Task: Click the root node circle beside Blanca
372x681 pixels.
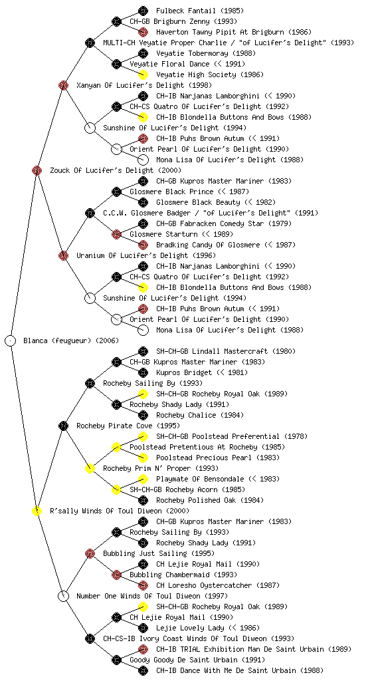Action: pos(11,340)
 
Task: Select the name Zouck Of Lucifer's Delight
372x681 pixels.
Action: pos(102,170)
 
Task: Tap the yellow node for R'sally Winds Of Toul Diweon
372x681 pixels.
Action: pos(37,511)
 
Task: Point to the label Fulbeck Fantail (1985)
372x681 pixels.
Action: pos(200,11)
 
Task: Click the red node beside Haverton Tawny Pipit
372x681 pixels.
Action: pos(143,32)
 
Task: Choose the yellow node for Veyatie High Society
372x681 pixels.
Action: pos(143,74)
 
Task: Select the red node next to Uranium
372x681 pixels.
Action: pos(63,255)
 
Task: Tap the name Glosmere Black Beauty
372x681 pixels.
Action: pos(198,202)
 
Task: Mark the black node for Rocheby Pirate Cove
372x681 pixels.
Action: pos(63,426)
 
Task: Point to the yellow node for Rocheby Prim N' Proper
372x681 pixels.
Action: pos(90,468)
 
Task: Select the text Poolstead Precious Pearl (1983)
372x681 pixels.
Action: pos(218,458)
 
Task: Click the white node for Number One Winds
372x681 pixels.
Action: pos(63,596)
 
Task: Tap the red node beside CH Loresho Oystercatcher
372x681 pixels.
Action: pos(143,585)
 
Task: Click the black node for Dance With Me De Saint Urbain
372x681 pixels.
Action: pos(143,670)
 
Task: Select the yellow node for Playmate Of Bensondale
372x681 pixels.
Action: pos(143,479)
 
